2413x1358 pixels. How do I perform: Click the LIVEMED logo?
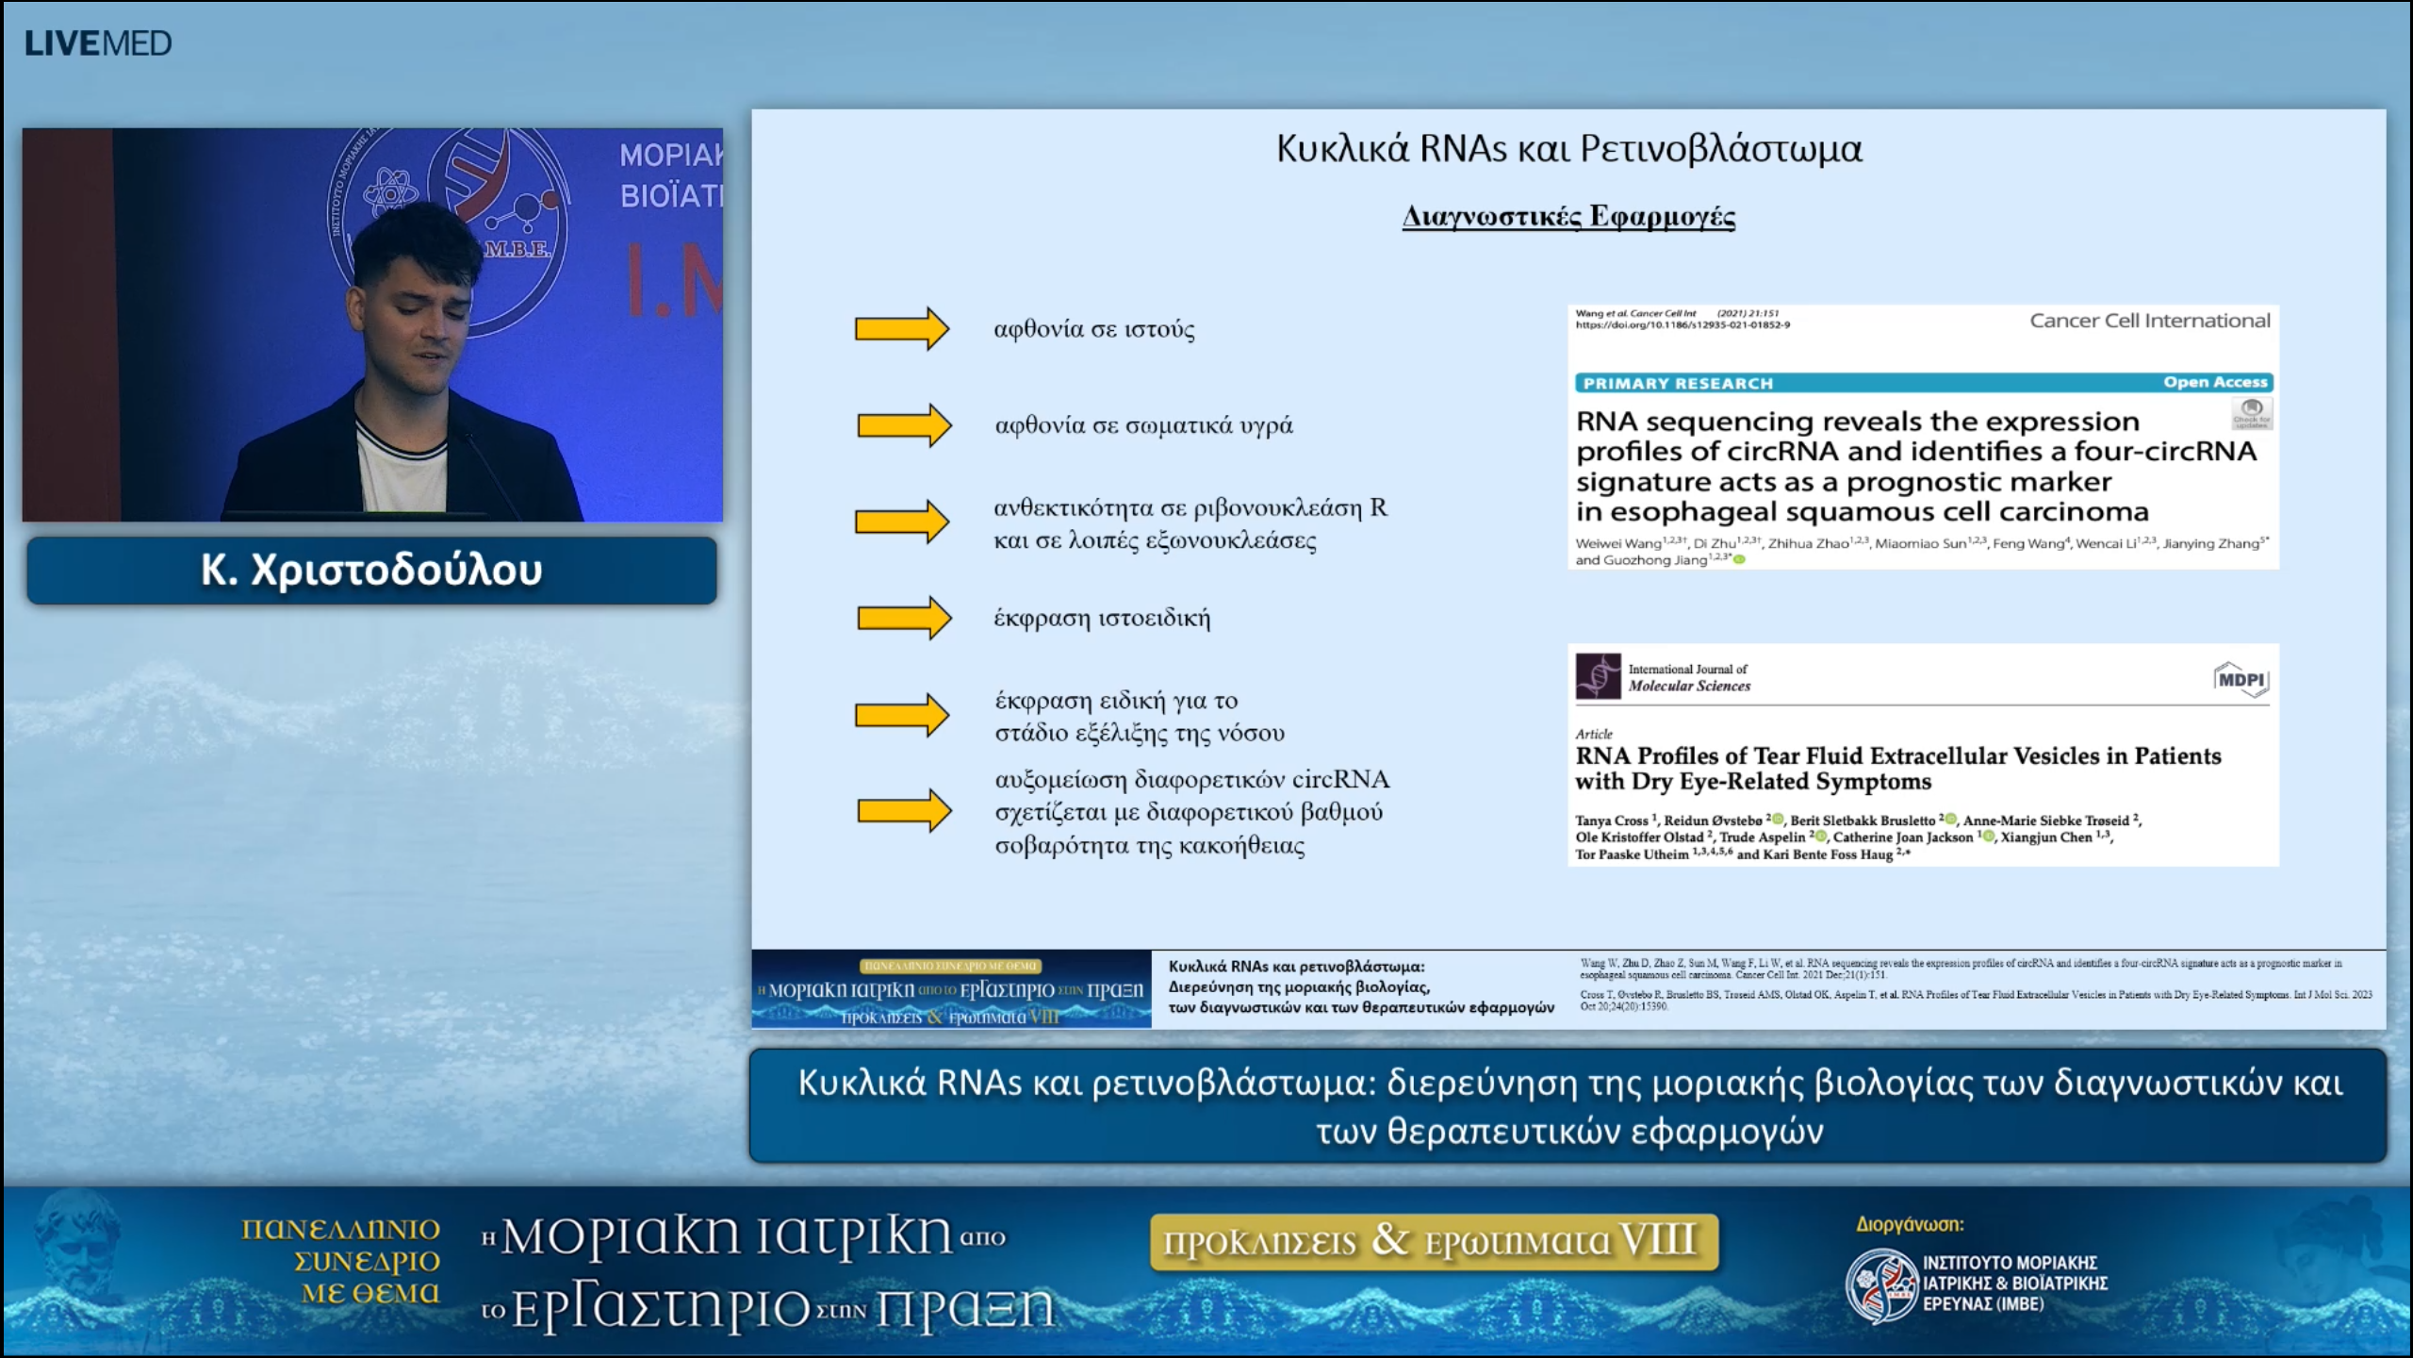[x=98, y=43]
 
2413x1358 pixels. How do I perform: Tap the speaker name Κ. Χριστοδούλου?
[x=371, y=571]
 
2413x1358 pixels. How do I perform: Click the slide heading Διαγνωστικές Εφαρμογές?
[x=1568, y=216]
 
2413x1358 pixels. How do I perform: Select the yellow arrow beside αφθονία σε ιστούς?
[x=901, y=329]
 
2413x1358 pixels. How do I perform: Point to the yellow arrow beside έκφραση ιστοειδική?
[x=903, y=618]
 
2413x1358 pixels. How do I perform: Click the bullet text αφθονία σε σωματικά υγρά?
[x=1143, y=425]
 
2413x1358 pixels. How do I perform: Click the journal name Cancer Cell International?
[x=2149, y=321]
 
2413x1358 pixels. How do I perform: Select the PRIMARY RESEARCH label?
[x=1678, y=383]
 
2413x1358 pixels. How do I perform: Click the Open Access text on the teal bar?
[x=2215, y=382]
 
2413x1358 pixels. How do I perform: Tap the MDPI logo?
[x=2241, y=680]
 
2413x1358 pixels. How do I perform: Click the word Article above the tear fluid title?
[x=1593, y=734]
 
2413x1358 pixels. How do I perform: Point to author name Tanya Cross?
[x=1611, y=820]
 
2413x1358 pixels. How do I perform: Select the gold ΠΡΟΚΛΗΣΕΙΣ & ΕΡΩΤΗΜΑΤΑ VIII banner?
[x=1433, y=1241]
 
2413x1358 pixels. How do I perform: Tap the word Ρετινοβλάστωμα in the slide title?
[x=1721, y=149]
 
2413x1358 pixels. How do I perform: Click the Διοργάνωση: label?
[x=1910, y=1224]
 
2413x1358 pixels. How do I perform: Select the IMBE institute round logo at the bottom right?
[x=1881, y=1284]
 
